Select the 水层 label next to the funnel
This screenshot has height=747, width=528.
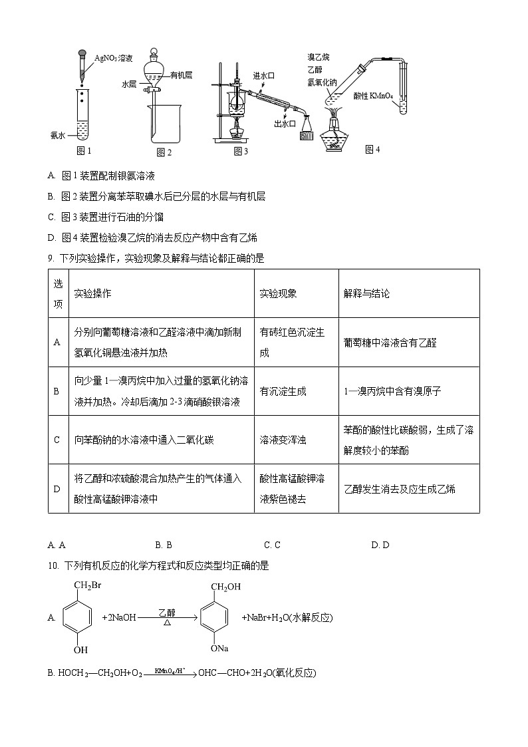pos(129,85)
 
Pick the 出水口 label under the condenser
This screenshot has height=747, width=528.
pos(284,124)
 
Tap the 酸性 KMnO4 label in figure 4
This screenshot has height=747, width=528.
pos(373,96)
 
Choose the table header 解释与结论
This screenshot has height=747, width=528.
pos(366,293)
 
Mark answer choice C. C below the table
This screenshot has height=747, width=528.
pos(272,545)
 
